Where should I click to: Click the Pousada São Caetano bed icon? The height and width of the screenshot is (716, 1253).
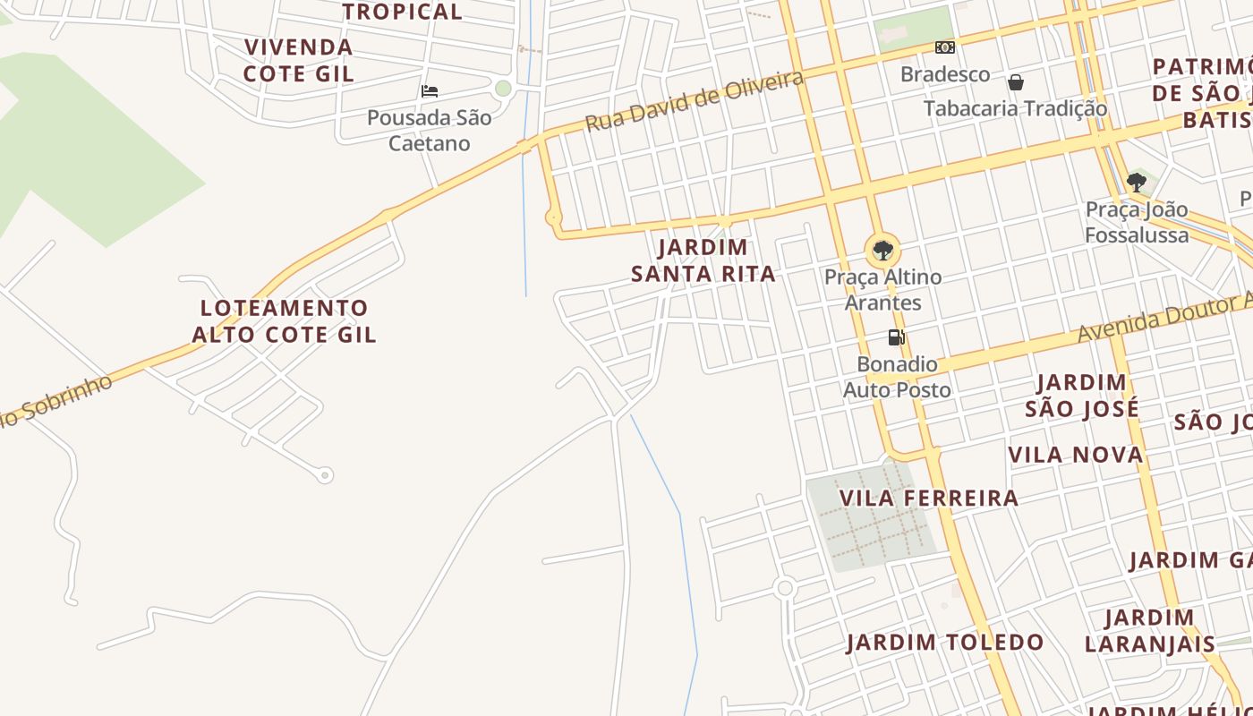[430, 90]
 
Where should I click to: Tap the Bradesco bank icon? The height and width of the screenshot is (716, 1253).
[944, 47]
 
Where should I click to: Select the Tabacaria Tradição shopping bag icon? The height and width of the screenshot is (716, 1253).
[1016, 82]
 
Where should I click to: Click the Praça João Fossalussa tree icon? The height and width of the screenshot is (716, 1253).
[1136, 183]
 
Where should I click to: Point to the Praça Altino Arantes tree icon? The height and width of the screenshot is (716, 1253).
[882, 251]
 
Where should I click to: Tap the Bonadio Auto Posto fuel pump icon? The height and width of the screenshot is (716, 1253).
[896, 337]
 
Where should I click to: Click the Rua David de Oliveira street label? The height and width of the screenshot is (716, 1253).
[694, 101]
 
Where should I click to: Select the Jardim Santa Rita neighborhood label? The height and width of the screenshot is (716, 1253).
[703, 260]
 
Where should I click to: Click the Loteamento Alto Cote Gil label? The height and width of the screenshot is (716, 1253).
[285, 321]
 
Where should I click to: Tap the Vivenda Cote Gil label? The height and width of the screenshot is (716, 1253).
[299, 60]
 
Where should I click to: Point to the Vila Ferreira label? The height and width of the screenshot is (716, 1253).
[928, 498]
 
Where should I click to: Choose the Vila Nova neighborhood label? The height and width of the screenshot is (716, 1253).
[1076, 455]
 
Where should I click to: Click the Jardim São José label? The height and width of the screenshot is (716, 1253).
[1081, 396]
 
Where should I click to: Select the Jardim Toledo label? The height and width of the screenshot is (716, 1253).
[945, 642]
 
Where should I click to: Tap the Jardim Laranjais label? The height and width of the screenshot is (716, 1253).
[1149, 630]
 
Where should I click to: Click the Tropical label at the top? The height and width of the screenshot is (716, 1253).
[403, 12]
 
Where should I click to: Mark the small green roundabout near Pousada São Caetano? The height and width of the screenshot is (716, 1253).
[503, 88]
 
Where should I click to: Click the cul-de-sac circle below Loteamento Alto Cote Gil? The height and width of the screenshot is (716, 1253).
[325, 475]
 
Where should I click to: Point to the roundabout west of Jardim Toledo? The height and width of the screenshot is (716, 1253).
[785, 588]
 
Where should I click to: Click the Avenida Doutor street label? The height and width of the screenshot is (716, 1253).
[1163, 318]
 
